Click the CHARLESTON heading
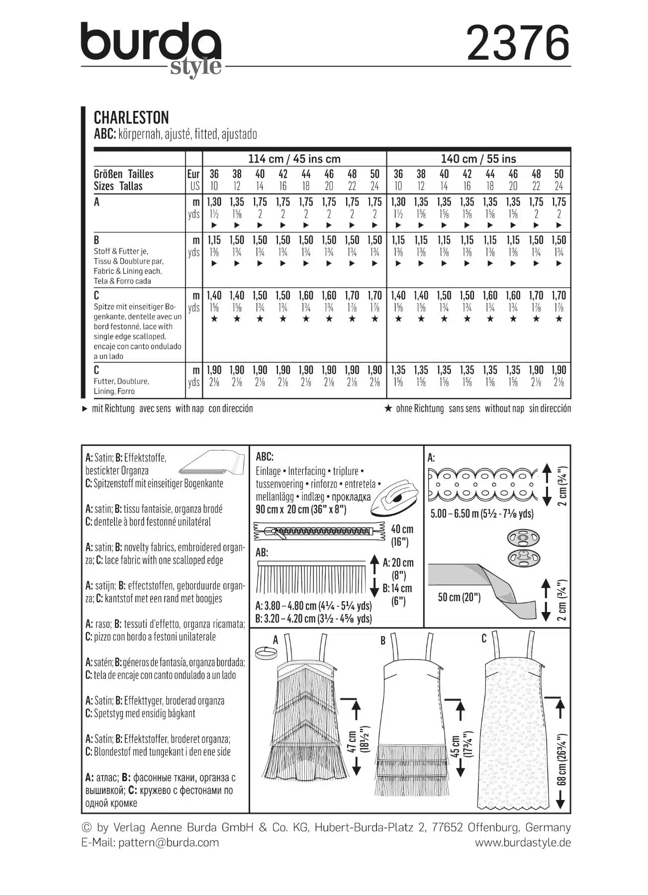[131, 118]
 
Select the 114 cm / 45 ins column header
[294, 159]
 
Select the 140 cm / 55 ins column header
[478, 159]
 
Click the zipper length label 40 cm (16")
[402, 535]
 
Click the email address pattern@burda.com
[169, 843]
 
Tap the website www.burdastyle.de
[523, 843]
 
